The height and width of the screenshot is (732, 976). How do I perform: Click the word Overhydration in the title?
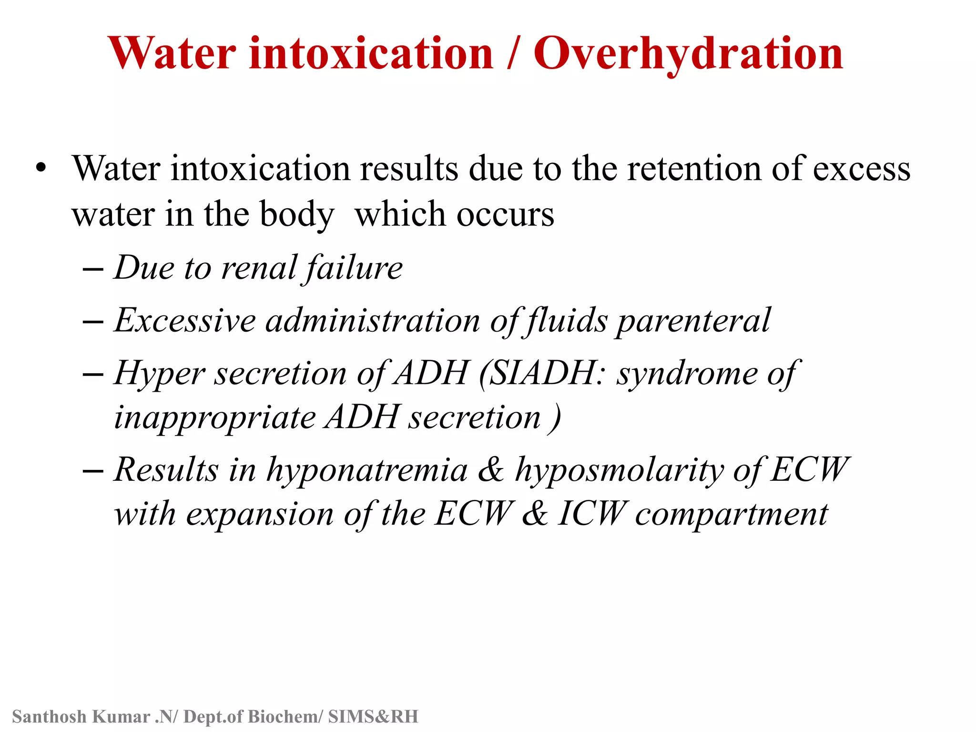point(688,54)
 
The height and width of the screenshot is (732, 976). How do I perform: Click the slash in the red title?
point(512,54)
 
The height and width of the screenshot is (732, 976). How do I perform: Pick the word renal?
point(260,268)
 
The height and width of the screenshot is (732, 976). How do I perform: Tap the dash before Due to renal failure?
point(93,269)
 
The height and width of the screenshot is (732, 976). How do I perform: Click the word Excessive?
point(185,320)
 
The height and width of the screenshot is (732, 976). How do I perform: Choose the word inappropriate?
point(215,418)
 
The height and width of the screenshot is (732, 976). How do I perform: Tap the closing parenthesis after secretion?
point(555,418)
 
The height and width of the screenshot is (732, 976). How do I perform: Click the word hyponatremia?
point(366,470)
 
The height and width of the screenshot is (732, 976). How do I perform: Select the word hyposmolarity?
point(620,470)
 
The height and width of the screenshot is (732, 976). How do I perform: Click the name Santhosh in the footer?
point(49,717)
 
